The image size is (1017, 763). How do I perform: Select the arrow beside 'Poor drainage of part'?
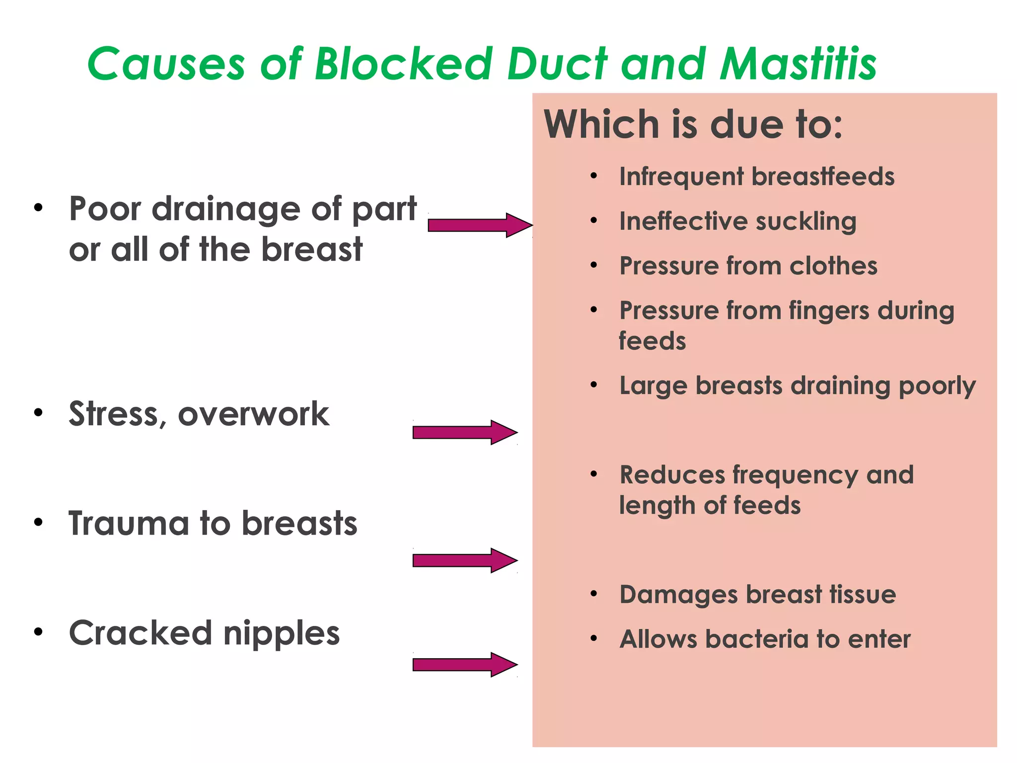[480, 225]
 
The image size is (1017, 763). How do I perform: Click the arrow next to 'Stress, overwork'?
[464, 432]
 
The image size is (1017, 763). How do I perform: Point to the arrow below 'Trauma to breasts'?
[464, 560]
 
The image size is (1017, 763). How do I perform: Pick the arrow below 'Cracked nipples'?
[464, 664]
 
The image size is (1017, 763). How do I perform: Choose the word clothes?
[833, 266]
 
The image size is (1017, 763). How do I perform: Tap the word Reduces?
[672, 475]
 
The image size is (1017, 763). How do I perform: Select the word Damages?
[678, 595]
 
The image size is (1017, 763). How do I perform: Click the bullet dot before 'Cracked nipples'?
[38, 632]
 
